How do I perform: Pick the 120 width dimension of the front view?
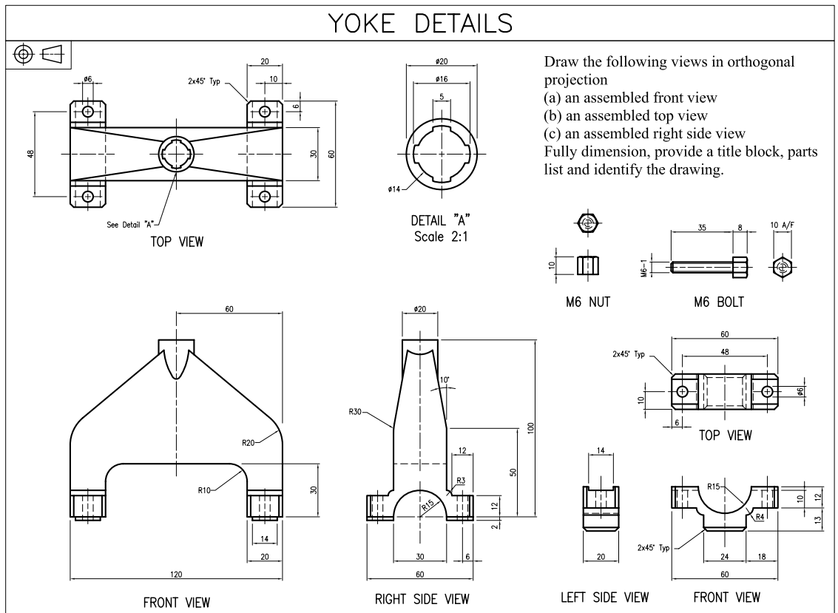[177, 573]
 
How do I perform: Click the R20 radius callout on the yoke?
[249, 443]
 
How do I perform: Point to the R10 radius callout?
[205, 489]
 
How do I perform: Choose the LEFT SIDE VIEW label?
[604, 597]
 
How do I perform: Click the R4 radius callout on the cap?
[758, 518]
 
